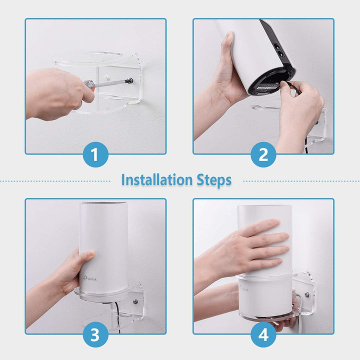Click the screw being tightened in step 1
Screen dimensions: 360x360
[x=130, y=79]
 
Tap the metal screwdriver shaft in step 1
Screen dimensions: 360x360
[x=112, y=82]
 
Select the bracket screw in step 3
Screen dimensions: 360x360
[x=135, y=301]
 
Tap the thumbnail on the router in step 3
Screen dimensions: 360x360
[x=87, y=255]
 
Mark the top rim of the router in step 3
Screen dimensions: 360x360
[x=103, y=203]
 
